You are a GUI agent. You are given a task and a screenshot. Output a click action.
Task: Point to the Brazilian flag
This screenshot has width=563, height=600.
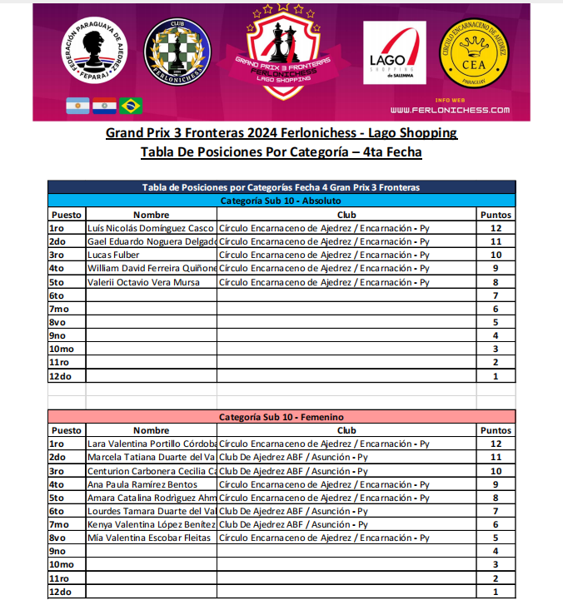click(131, 106)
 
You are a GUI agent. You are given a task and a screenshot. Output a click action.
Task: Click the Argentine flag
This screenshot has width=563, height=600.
click(78, 106)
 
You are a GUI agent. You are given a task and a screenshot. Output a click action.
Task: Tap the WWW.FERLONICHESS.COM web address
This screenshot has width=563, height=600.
click(450, 110)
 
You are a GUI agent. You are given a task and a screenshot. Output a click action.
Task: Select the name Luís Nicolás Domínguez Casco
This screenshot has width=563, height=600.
click(151, 228)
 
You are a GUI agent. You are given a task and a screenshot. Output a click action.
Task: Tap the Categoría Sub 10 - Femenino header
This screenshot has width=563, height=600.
click(281, 416)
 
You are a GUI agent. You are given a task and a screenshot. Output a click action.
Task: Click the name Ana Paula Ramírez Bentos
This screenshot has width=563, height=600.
click(142, 483)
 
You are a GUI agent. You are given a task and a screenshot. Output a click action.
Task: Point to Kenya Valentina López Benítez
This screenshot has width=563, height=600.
click(151, 523)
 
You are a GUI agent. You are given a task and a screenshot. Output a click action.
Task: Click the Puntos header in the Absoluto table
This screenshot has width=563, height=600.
click(496, 215)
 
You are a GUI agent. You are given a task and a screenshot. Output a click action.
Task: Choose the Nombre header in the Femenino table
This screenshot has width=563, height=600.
click(151, 430)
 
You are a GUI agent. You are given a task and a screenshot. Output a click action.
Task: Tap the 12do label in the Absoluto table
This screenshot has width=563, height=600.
click(61, 375)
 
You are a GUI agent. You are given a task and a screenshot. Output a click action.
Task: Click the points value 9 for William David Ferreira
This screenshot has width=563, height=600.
click(496, 268)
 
